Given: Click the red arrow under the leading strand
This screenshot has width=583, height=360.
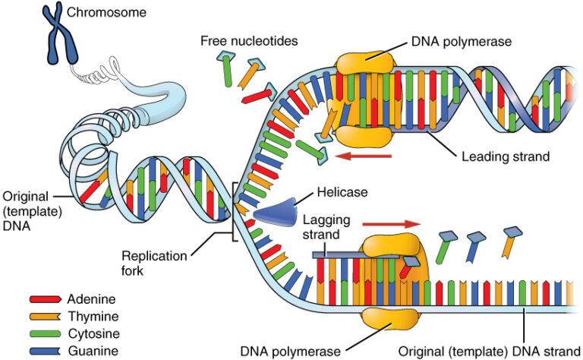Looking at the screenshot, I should pyautogui.click(x=364, y=156).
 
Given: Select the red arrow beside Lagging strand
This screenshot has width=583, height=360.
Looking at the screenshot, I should pyautogui.click(x=390, y=225).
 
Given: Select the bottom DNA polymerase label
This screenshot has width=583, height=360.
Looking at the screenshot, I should pyautogui.click(x=287, y=351).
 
